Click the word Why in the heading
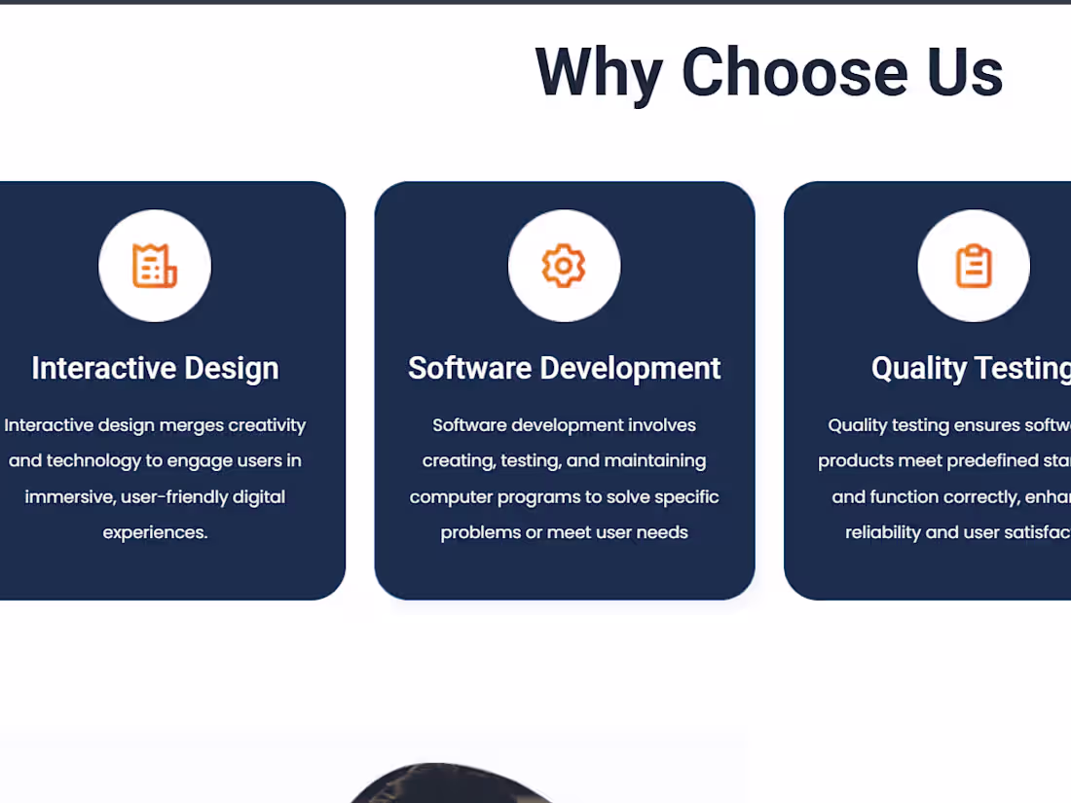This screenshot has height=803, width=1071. (597, 73)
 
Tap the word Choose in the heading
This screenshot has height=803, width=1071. (794, 73)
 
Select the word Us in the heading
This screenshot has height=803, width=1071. (964, 73)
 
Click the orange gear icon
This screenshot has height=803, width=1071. (564, 266)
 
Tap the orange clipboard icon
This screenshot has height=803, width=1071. (973, 266)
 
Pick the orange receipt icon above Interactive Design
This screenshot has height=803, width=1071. (155, 266)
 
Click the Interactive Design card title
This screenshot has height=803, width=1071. (155, 368)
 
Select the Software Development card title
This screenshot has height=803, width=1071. (564, 368)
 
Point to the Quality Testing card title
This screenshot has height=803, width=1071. (970, 368)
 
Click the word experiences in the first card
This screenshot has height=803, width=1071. (155, 532)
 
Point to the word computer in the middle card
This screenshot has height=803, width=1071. (451, 497)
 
